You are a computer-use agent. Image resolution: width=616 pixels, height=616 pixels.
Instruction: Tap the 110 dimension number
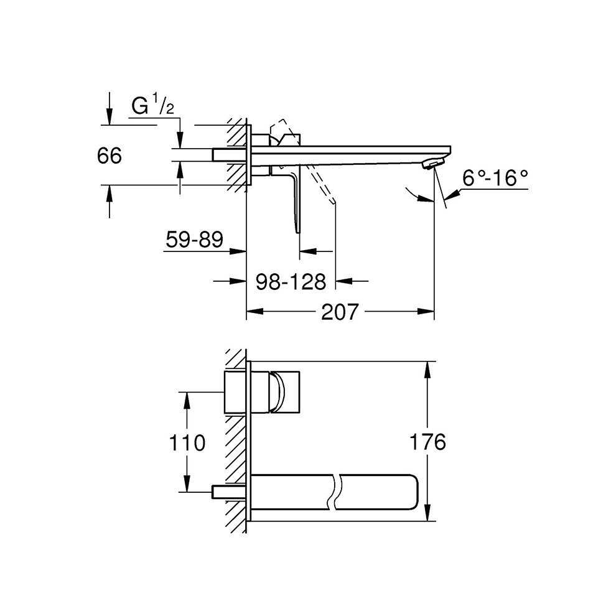click(x=187, y=443)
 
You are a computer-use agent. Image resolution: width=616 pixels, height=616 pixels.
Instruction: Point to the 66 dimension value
click(x=110, y=156)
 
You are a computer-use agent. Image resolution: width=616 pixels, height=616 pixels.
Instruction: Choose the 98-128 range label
click(x=291, y=282)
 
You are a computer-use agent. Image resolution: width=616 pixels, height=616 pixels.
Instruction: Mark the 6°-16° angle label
click(x=495, y=179)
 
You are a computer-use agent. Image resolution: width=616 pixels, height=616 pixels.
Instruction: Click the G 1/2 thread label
click(x=152, y=106)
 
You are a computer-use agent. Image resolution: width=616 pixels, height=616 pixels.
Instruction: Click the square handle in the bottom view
click(x=286, y=393)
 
